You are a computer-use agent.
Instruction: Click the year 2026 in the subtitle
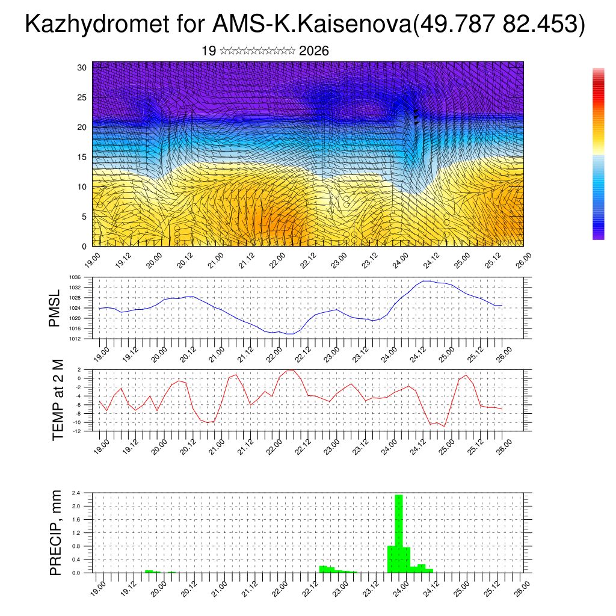pos(313,51)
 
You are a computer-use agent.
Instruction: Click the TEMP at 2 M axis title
pos(58,400)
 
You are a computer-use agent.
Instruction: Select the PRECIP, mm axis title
pos(55,532)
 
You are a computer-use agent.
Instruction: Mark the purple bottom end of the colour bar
pos(598,236)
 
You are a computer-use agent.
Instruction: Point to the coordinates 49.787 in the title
pos(455,25)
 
